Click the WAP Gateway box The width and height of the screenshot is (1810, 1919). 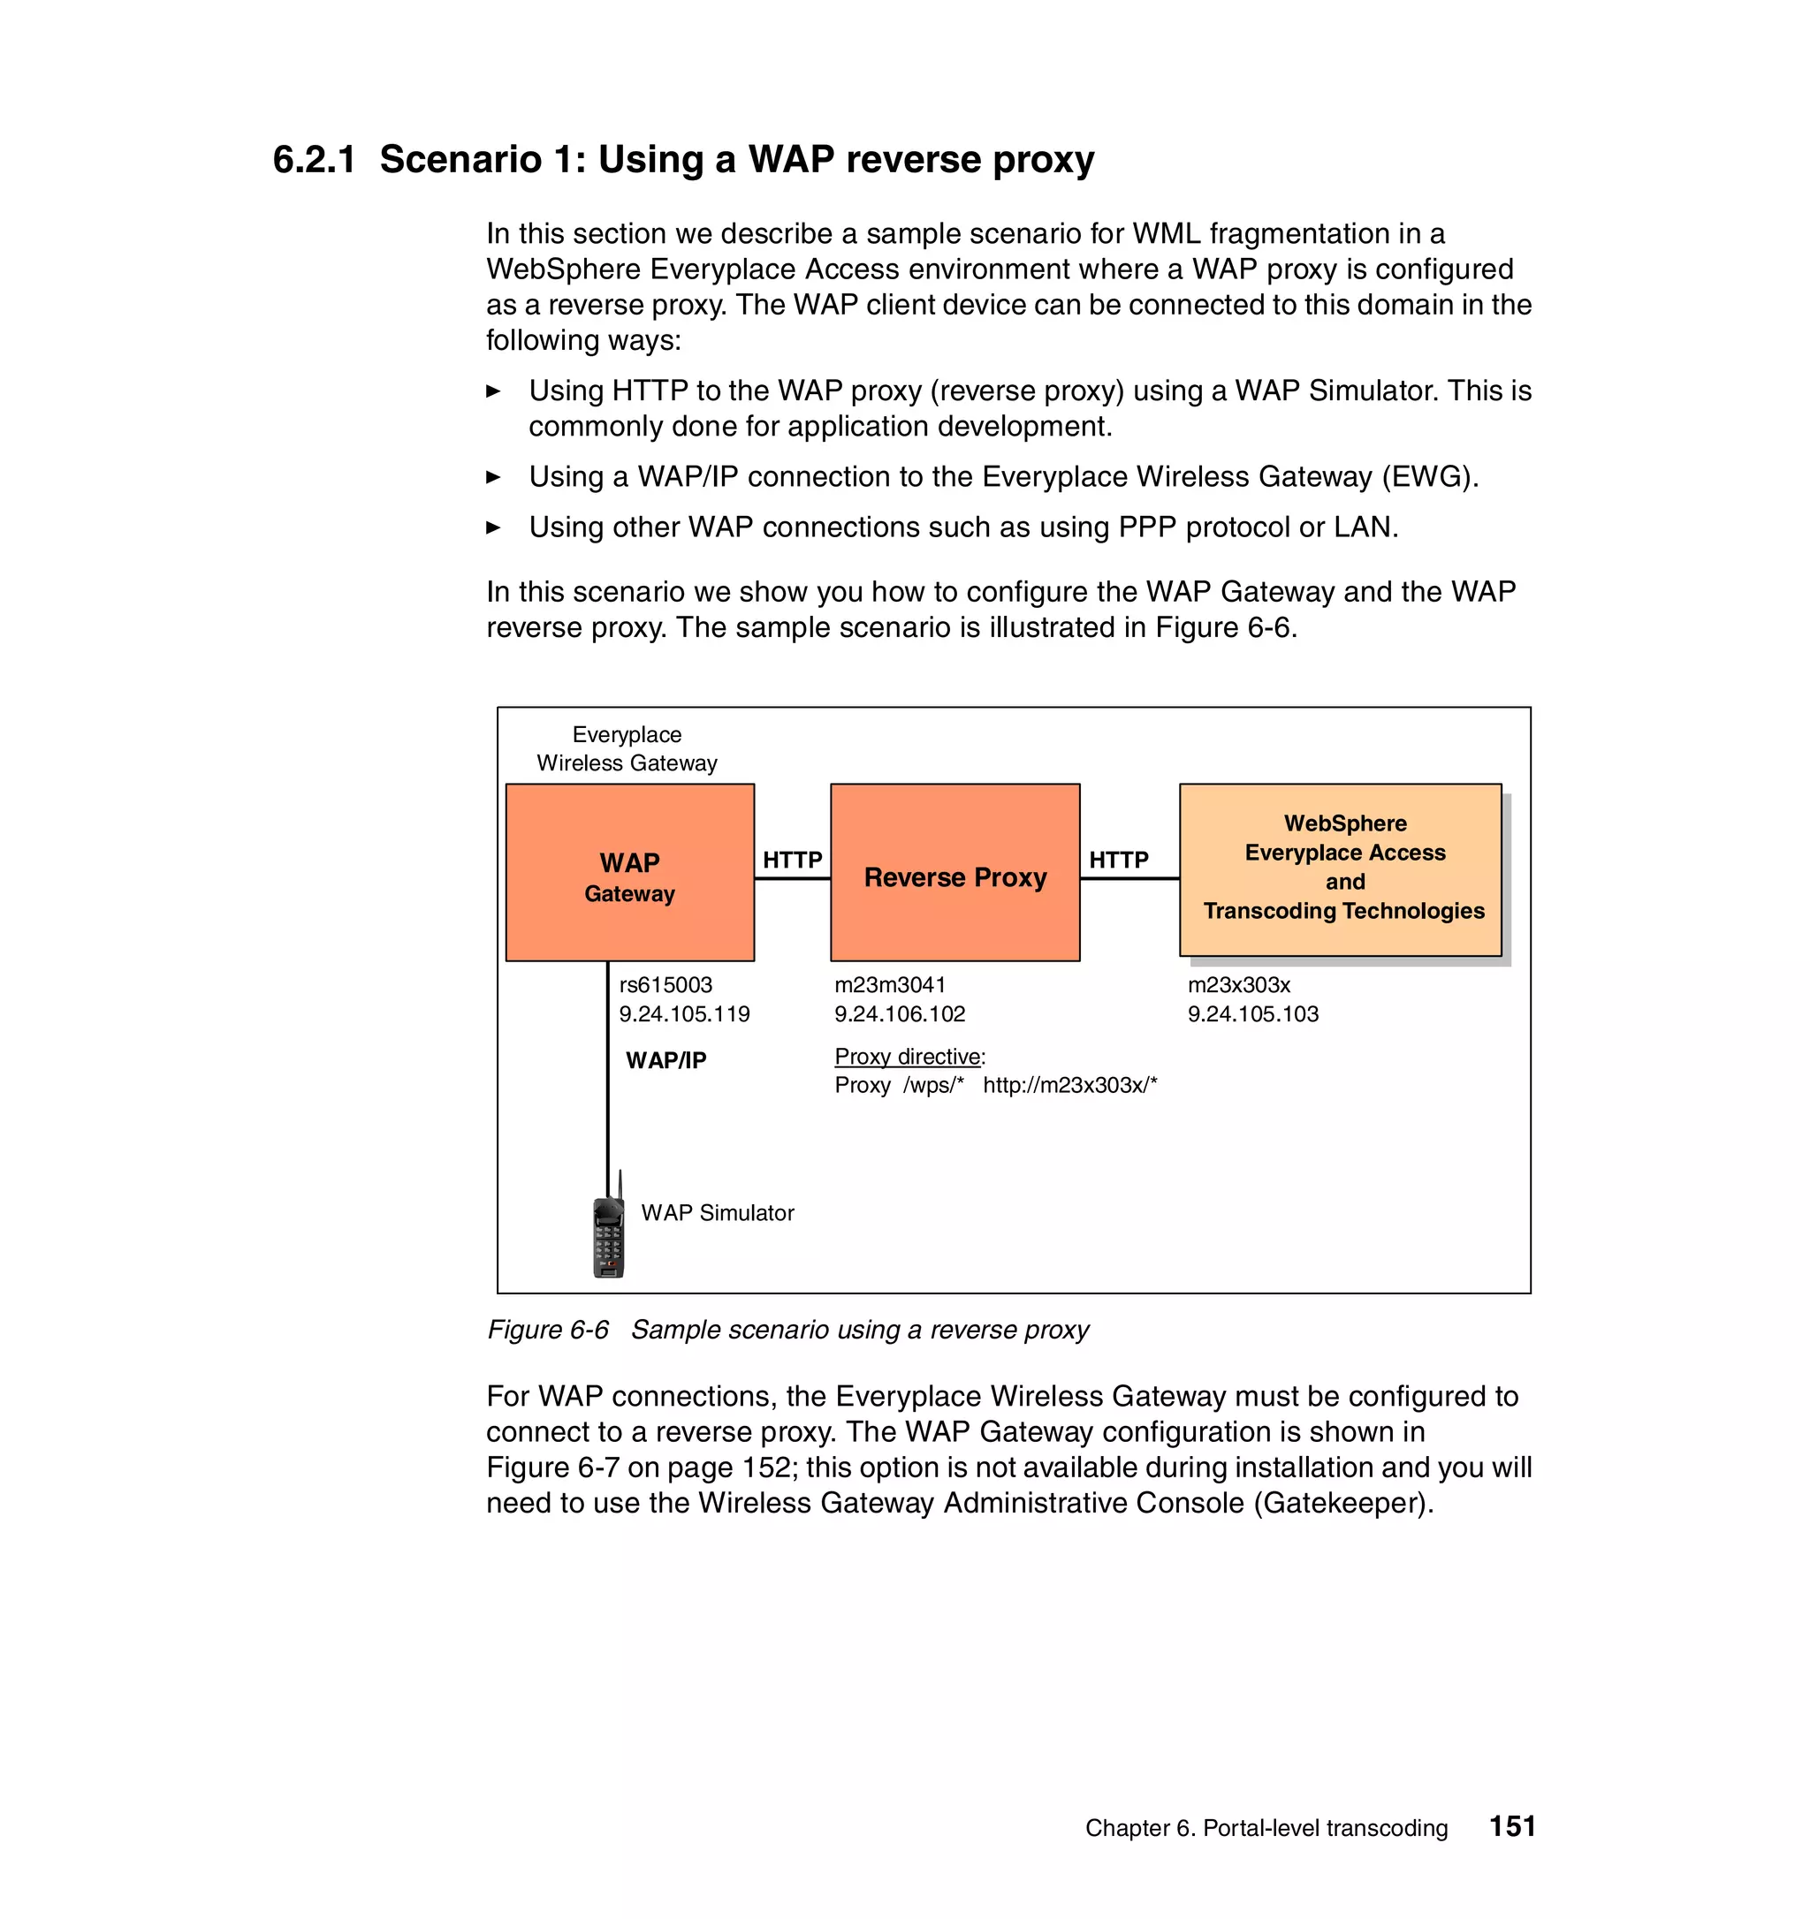(629, 873)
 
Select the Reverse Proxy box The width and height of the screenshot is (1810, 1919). (954, 874)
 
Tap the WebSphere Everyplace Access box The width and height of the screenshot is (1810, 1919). (1340, 868)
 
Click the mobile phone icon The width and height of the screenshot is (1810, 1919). (608, 1235)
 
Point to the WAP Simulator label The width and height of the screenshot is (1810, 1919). (718, 1212)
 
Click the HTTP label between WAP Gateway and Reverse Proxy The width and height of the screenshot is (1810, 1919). (793, 859)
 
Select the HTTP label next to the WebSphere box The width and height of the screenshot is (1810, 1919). (1119, 859)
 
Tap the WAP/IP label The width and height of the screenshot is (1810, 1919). (666, 1060)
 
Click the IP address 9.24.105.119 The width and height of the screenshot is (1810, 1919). (684, 1013)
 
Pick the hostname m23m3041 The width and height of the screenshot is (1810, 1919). (890, 984)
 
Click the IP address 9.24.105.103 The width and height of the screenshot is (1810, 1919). (1253, 1013)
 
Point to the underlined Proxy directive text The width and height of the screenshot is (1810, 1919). (908, 1056)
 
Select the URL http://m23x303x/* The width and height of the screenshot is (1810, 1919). (1069, 1085)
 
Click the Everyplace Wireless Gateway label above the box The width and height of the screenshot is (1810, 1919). (627, 749)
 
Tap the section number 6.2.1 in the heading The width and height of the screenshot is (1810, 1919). (314, 159)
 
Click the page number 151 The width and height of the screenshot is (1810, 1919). (1511, 1826)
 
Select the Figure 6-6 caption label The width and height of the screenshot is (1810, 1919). (547, 1331)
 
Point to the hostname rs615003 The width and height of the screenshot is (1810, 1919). (665, 984)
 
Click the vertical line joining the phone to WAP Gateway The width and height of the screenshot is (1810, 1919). (607, 1081)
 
